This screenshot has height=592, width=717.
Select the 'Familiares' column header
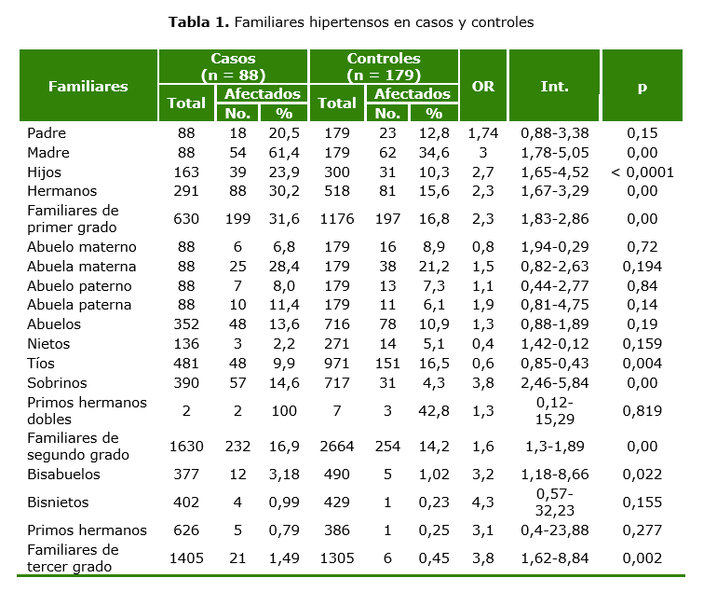(x=88, y=86)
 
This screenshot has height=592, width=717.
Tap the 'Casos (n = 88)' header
(x=233, y=66)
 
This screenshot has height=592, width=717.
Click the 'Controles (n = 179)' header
(x=384, y=66)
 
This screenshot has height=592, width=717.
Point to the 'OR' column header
(x=483, y=86)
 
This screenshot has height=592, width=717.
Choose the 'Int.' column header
(x=554, y=86)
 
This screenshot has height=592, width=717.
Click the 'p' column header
(x=642, y=86)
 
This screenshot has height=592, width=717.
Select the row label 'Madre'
(x=48, y=153)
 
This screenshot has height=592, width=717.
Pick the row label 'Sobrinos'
(x=58, y=382)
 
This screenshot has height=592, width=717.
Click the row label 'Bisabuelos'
(x=63, y=475)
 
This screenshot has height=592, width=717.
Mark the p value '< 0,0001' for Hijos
(x=642, y=172)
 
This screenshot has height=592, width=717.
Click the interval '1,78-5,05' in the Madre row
(x=554, y=153)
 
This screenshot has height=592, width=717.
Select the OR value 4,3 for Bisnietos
(x=483, y=503)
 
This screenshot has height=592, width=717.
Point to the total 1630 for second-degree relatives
(x=186, y=447)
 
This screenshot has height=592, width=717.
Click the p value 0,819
(x=642, y=411)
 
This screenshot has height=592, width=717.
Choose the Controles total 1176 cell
(x=337, y=219)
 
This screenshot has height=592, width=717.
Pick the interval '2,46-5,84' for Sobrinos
(x=554, y=382)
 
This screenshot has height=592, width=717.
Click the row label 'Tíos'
(x=41, y=363)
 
